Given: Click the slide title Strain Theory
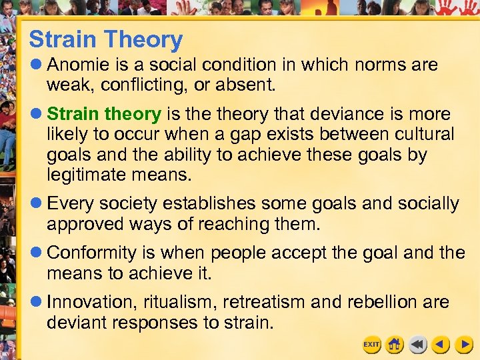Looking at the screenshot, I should point(105,40).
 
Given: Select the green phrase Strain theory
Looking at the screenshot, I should point(104,114).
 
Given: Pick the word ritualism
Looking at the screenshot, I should point(181,302).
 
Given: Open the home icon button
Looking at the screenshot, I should point(395,344).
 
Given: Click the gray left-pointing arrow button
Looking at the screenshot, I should point(418,344).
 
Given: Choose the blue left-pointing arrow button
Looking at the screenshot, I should point(441,344).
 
